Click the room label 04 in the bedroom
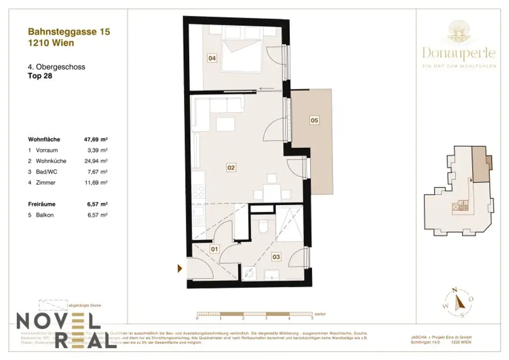pyautogui.click(x=212, y=59)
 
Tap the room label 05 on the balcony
pyautogui.click(x=314, y=120)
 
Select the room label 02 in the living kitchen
pyautogui.click(x=231, y=168)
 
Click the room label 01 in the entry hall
pyautogui.click(x=215, y=249)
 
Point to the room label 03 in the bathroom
pyautogui.click(x=276, y=257)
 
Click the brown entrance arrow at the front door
pyautogui.click(x=180, y=269)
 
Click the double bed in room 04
pyautogui.click(x=244, y=52)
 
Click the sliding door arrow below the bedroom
pyautogui.click(x=266, y=90)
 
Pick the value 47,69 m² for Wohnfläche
pyautogui.click(x=96, y=140)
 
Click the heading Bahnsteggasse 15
pyautogui.click(x=69, y=32)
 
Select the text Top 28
pyautogui.click(x=40, y=77)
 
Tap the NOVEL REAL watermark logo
pyautogui.click(x=67, y=330)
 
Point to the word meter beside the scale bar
pyautogui.click(x=320, y=314)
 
